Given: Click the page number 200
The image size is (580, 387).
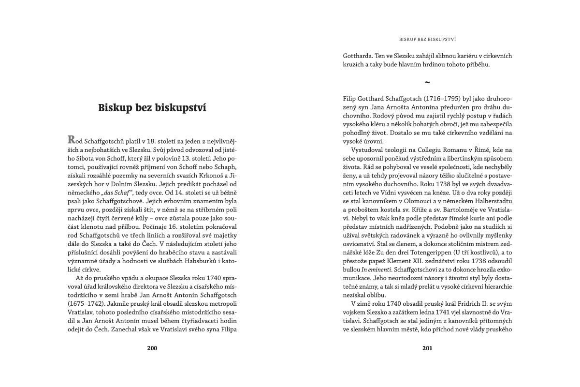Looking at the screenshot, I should click(152, 348).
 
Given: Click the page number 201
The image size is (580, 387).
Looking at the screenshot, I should click(427, 348).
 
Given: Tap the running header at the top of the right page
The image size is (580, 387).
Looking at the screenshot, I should click(428, 38).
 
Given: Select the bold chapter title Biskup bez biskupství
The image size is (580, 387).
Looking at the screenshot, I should click(152, 107).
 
